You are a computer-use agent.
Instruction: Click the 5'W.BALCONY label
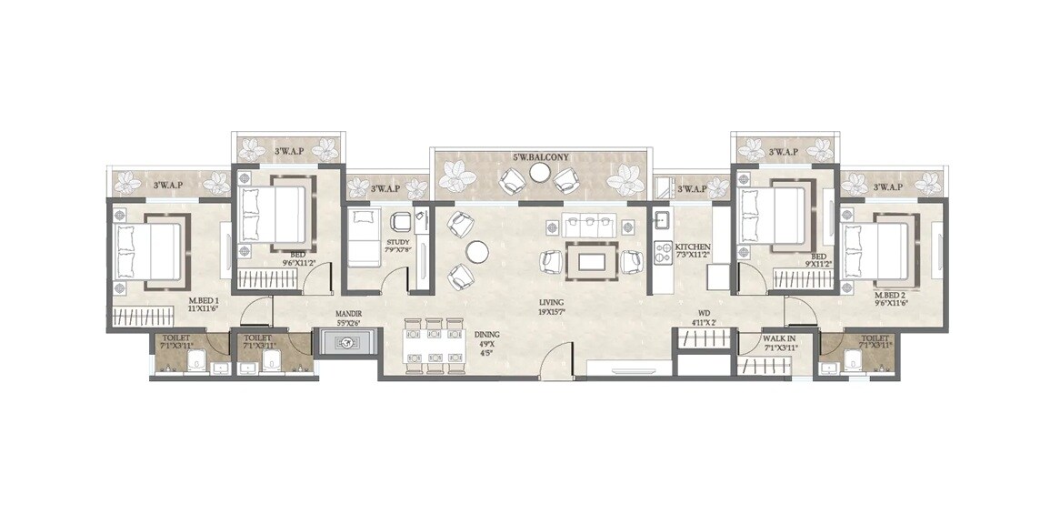[540, 157]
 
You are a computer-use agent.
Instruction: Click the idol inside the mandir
[344, 343]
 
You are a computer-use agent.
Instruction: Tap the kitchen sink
[661, 219]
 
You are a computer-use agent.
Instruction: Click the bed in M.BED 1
[149, 249]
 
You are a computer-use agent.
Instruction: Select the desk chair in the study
[398, 222]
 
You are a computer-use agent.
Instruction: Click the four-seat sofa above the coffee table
[584, 226]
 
